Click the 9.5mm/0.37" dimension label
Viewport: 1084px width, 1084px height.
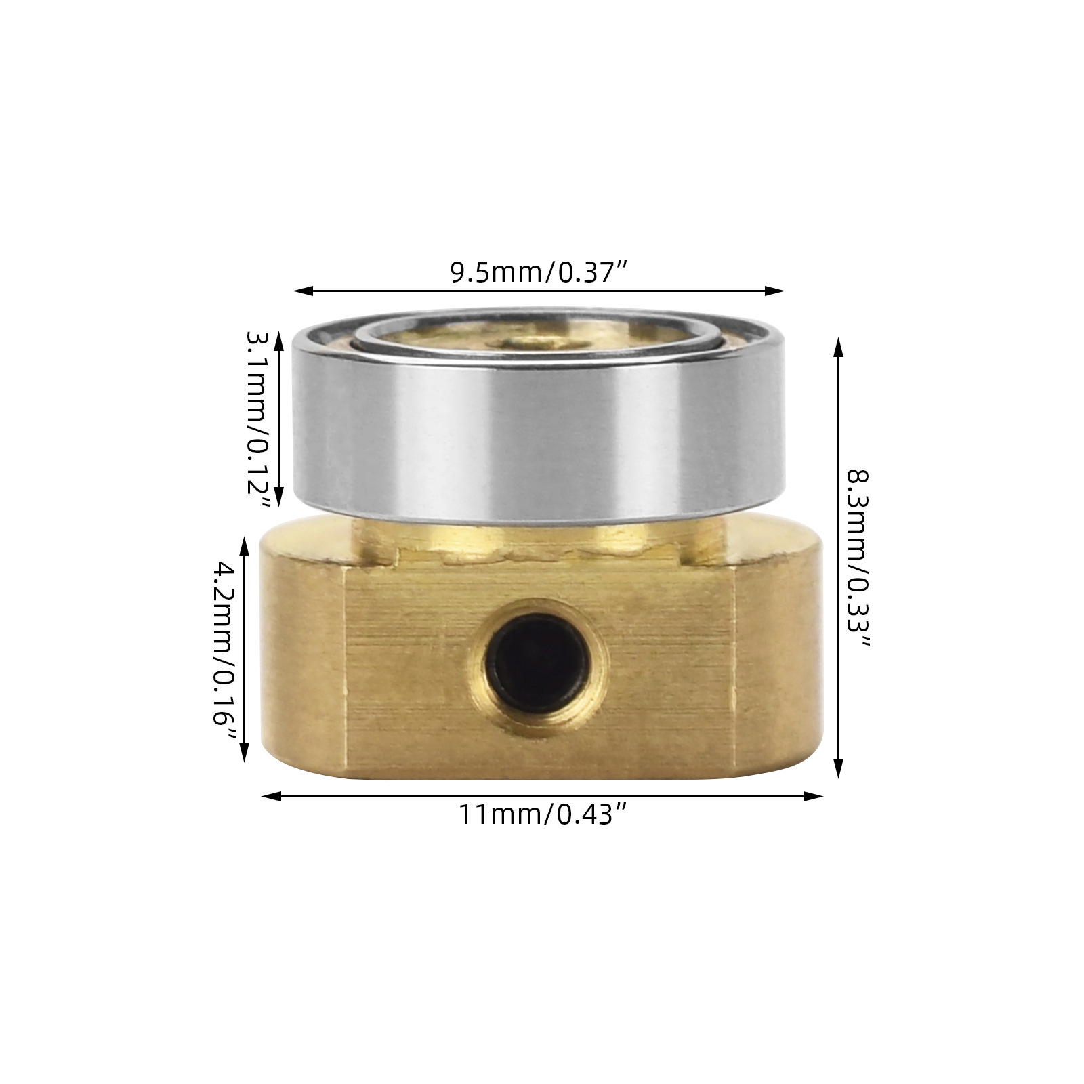[539, 272]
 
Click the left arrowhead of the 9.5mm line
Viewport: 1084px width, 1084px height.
[303, 291]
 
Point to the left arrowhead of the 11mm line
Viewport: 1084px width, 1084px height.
[271, 797]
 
